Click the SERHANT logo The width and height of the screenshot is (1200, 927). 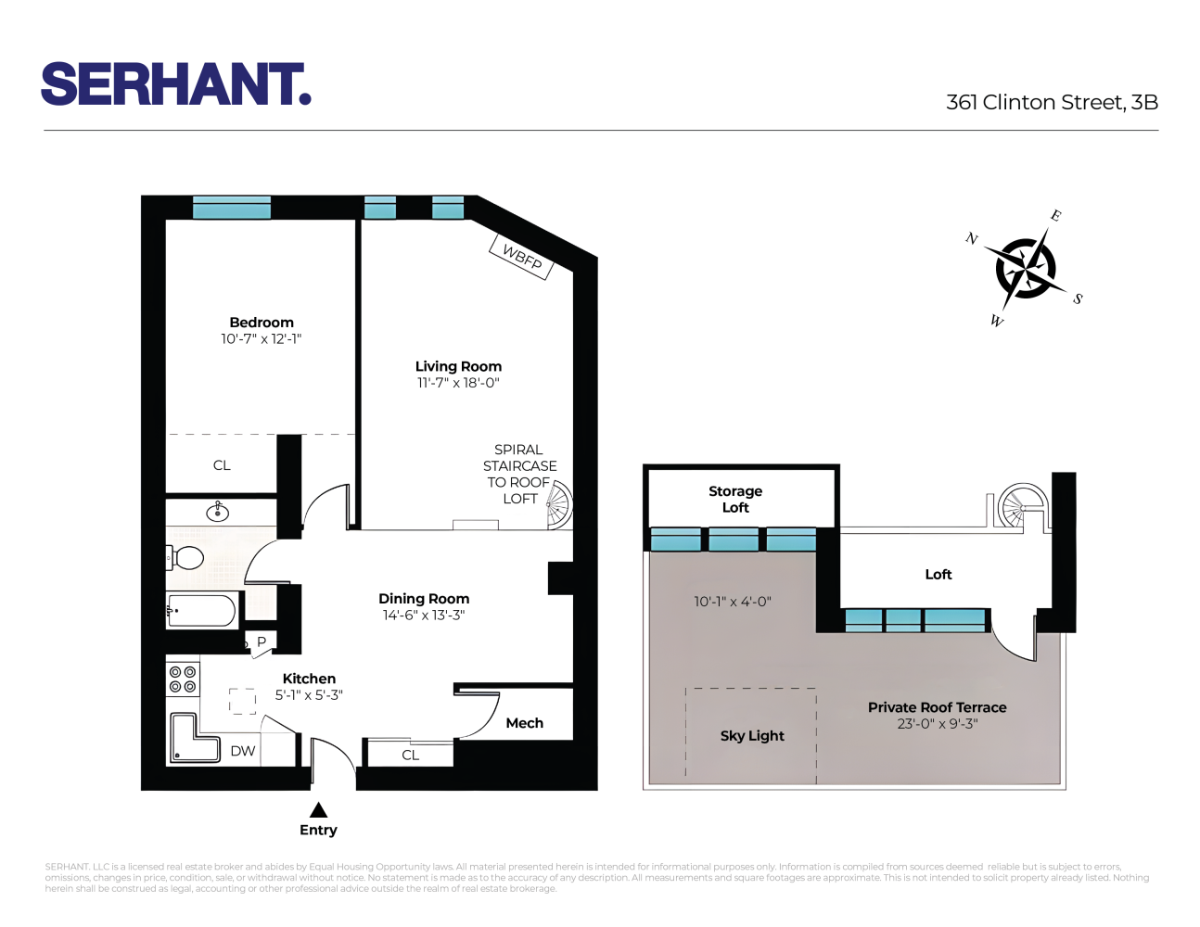175,84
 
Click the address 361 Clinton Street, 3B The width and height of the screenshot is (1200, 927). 1052,102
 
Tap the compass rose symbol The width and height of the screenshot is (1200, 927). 1025,268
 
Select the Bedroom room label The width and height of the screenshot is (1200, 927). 262,323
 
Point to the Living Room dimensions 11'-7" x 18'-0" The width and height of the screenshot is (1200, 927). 458,383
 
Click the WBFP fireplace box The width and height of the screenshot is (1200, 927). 521,257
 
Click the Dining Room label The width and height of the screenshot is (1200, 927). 424,599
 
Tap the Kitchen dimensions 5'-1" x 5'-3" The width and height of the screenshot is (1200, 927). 309,695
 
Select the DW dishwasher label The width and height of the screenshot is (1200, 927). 243,751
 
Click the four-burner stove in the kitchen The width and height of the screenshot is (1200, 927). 183,679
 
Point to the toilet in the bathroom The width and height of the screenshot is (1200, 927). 186,558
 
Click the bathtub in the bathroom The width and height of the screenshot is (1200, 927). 202,611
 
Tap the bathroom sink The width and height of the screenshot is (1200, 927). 218,512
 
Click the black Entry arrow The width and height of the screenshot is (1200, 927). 318,809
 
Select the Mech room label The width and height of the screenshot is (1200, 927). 524,723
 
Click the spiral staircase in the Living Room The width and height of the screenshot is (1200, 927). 558,504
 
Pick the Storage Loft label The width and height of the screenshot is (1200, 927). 735,499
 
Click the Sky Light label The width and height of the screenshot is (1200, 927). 752,736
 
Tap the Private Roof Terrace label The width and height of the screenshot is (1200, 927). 937,707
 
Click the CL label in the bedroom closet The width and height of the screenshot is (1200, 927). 222,465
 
